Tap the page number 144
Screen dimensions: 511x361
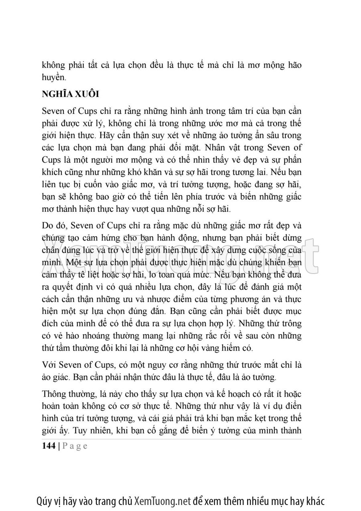click(x=49, y=446)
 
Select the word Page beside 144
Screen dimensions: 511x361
click(x=75, y=446)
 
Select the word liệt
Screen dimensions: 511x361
click(x=110, y=276)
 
